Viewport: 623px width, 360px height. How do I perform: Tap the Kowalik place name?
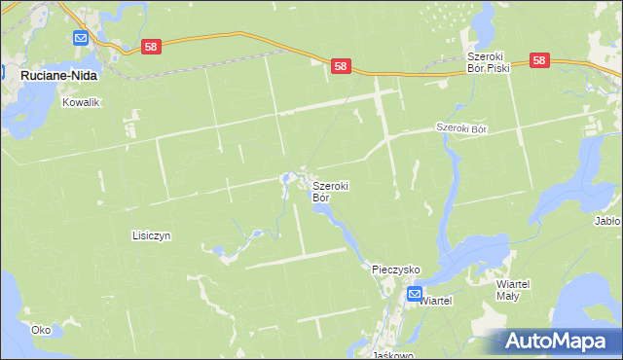[82, 101]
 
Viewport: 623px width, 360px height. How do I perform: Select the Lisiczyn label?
[151, 235]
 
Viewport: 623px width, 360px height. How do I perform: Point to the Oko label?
[41, 330]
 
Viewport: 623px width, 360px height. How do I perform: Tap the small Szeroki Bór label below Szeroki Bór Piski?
[460, 127]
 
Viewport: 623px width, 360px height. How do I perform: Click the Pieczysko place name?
[395, 268]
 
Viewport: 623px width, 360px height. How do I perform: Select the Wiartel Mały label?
[513, 288]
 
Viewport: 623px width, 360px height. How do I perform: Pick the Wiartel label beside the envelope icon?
[436, 302]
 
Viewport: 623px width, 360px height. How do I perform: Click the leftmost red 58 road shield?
[150, 46]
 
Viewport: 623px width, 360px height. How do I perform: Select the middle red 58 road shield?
[339, 65]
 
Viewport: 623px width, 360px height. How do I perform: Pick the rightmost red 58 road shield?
[541, 60]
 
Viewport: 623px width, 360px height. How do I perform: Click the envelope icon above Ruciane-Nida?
[81, 38]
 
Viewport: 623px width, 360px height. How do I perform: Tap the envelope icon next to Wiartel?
[415, 294]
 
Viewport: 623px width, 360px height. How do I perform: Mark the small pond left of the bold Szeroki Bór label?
[286, 179]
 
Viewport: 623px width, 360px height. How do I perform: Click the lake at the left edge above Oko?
[8, 292]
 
